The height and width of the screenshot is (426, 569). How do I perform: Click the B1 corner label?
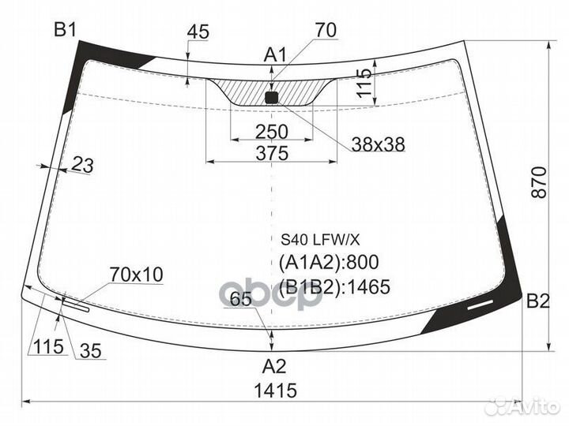(x=64, y=31)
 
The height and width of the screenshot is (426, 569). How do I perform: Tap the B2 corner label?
(x=537, y=301)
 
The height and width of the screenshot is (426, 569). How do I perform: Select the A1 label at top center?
(x=274, y=55)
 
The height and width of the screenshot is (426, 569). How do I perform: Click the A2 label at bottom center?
(x=273, y=366)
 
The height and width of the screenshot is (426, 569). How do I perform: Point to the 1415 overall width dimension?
(x=274, y=390)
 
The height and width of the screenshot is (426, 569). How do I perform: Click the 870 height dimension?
(x=539, y=183)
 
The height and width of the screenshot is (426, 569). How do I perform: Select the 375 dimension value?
(x=272, y=154)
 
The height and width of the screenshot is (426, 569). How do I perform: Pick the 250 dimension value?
(x=272, y=131)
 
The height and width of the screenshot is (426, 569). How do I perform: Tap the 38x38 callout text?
(x=378, y=144)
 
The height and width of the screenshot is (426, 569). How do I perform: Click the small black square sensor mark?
(x=272, y=98)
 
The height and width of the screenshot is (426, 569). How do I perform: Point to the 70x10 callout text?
(x=136, y=275)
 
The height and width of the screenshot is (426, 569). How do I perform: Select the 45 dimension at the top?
(x=198, y=32)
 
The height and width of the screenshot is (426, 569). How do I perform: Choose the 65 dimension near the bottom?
(x=241, y=299)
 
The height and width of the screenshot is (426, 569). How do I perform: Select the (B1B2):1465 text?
(x=335, y=286)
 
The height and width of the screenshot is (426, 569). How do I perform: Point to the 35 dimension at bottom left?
(x=91, y=353)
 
